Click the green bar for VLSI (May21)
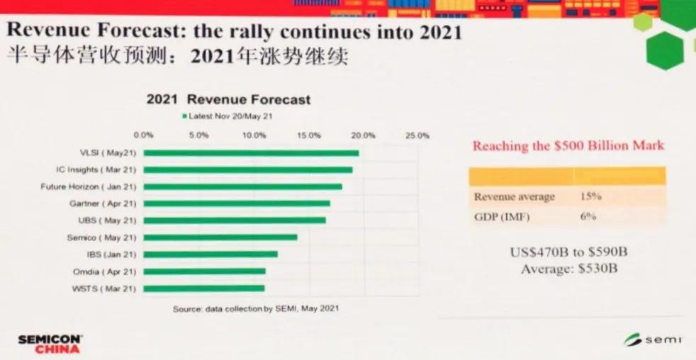coord(252,153)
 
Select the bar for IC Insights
coord(248,170)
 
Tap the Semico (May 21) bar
coord(221,237)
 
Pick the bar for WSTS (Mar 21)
coord(204,288)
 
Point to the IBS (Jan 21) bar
coord(211,254)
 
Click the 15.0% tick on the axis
coord(309,135)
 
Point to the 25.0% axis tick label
coord(417,135)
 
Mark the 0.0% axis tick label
coord(144,135)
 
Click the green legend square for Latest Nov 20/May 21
coord(184,116)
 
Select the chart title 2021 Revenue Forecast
coord(228,99)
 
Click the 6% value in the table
coord(588,216)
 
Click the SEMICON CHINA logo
coord(50,344)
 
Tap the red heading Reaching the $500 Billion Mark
coord(568,146)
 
